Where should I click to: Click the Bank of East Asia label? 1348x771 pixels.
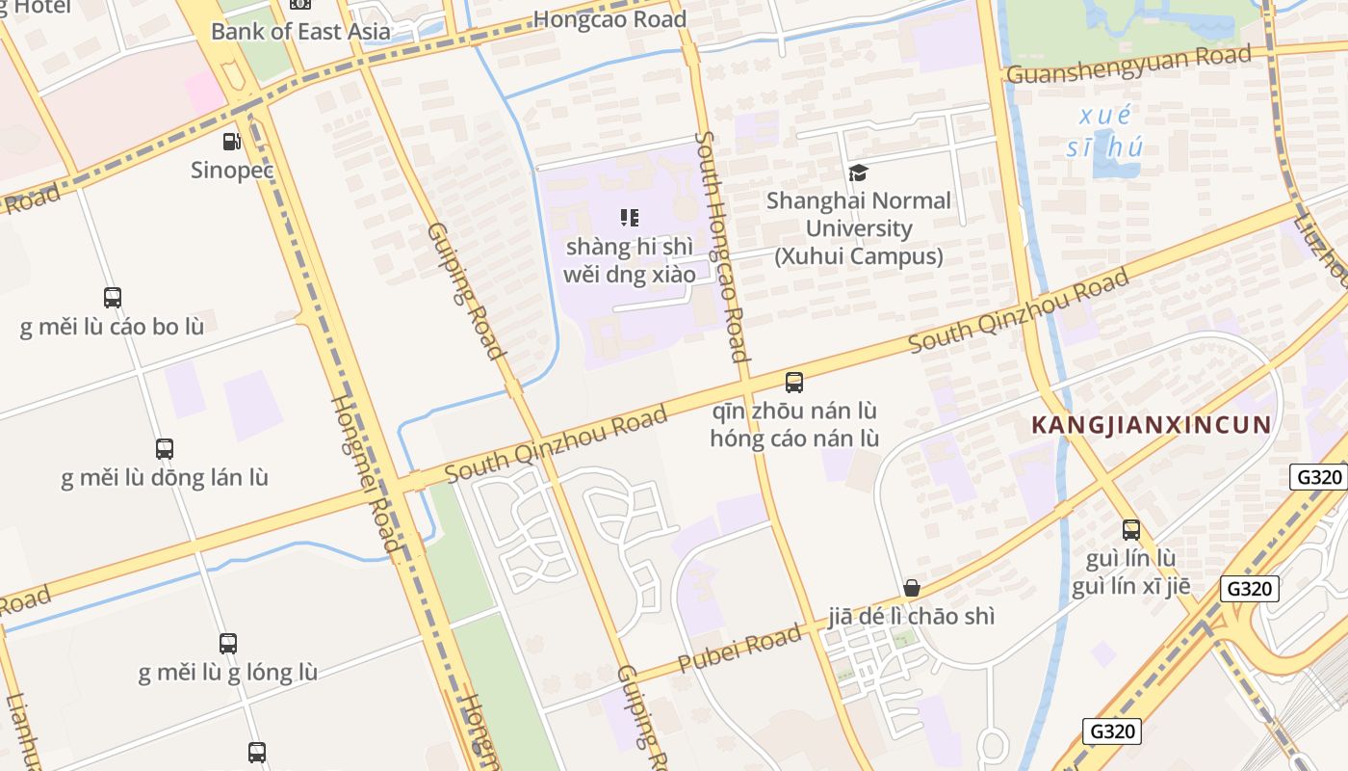tap(300, 31)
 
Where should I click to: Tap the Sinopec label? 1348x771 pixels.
tap(232, 171)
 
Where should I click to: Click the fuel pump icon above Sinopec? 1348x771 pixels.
tap(232, 142)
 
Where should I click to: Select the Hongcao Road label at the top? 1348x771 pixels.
tap(609, 19)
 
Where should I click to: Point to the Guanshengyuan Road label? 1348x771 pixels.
tap(1128, 64)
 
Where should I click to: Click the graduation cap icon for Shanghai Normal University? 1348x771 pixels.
tap(858, 173)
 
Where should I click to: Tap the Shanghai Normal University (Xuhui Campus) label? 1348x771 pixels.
tap(859, 228)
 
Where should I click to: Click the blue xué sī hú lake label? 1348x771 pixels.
tap(1105, 132)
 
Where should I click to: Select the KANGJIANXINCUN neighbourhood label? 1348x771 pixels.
tap(1152, 425)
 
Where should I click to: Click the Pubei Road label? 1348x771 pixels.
tap(739, 649)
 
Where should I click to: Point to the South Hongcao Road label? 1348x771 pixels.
tap(721, 247)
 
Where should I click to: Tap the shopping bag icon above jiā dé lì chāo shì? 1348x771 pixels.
tap(911, 588)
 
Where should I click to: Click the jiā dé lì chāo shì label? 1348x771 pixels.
tap(911, 617)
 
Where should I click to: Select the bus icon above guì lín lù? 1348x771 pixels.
tap(1130, 529)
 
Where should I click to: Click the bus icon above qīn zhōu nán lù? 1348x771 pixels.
tap(794, 383)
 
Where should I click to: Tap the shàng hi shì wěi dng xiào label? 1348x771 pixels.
tap(629, 260)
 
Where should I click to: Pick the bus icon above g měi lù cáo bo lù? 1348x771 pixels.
tap(113, 298)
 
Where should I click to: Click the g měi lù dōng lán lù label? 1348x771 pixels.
tap(165, 478)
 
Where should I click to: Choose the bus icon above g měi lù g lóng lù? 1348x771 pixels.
tap(228, 643)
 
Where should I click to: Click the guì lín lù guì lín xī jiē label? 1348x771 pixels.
tap(1130, 572)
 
